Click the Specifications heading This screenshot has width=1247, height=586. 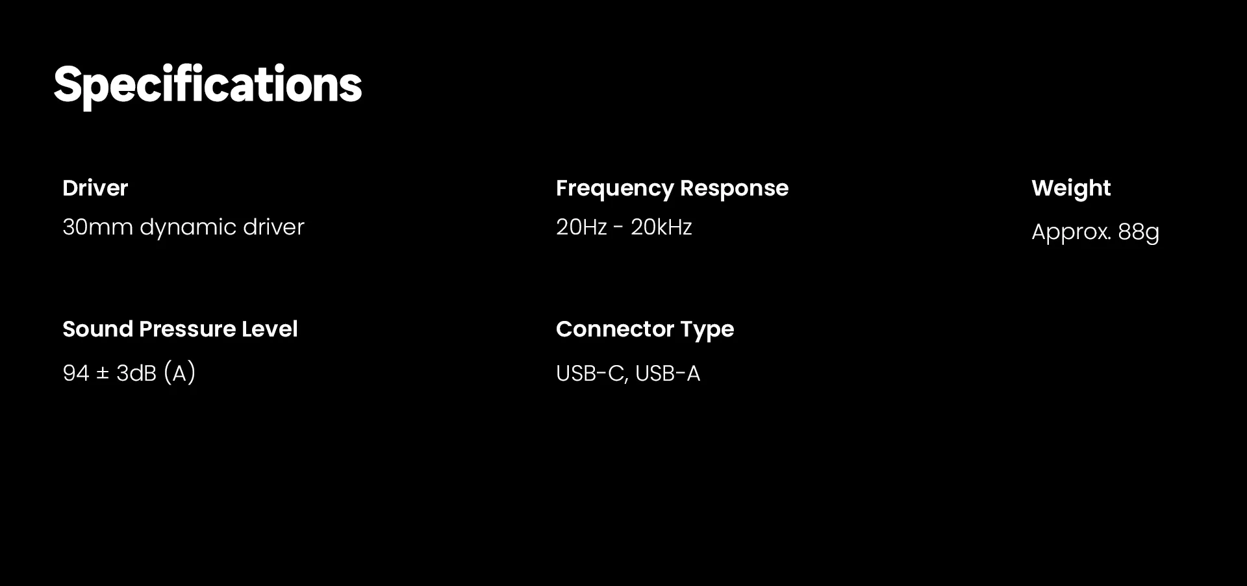coord(208,85)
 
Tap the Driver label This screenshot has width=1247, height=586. coord(95,188)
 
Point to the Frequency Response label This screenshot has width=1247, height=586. coord(672,188)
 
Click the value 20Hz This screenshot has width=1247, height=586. coord(581,227)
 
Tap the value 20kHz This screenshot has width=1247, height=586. coord(661,227)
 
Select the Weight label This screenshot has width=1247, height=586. coord(1071,188)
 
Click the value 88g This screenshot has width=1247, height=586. coord(1139,233)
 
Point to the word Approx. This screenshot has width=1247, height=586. coord(1071,233)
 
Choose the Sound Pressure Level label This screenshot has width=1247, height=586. coord(180,329)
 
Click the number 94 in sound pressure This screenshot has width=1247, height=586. coord(76,373)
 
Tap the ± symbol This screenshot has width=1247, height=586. coord(103,374)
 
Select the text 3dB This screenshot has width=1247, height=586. coord(136,373)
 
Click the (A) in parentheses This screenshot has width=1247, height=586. coord(180,373)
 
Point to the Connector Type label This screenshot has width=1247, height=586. coord(645,329)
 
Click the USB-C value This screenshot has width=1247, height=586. coord(592,374)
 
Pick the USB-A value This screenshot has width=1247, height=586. coord(668,374)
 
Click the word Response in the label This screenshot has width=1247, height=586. coord(735,188)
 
